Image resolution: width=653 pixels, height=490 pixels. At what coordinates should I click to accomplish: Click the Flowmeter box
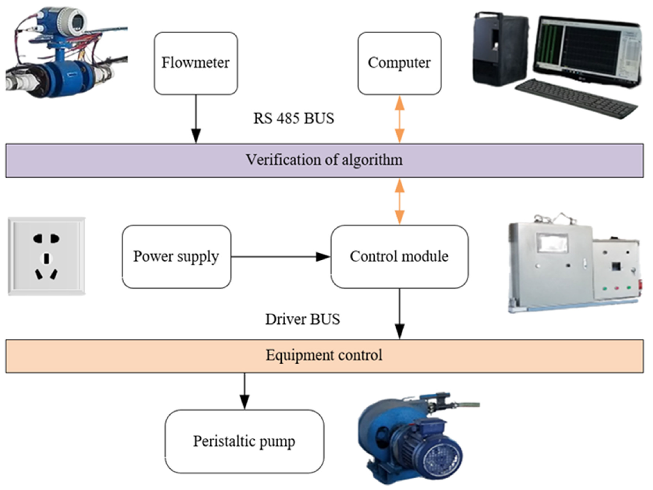click(196, 63)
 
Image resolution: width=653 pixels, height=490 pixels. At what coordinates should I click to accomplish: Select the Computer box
click(399, 63)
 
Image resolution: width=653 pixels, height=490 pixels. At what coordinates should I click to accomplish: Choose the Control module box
click(399, 257)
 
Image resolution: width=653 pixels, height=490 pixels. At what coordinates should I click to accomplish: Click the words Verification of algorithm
click(324, 160)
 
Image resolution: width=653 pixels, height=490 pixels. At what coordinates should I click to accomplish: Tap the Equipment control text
click(324, 355)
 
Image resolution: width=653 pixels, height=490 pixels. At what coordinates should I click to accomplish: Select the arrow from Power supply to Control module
click(280, 257)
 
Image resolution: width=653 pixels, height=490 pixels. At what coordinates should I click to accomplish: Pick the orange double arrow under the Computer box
click(399, 119)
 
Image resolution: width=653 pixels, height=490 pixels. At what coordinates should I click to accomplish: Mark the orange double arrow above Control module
click(399, 202)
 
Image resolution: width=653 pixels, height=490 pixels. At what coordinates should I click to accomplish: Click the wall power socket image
click(46, 256)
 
